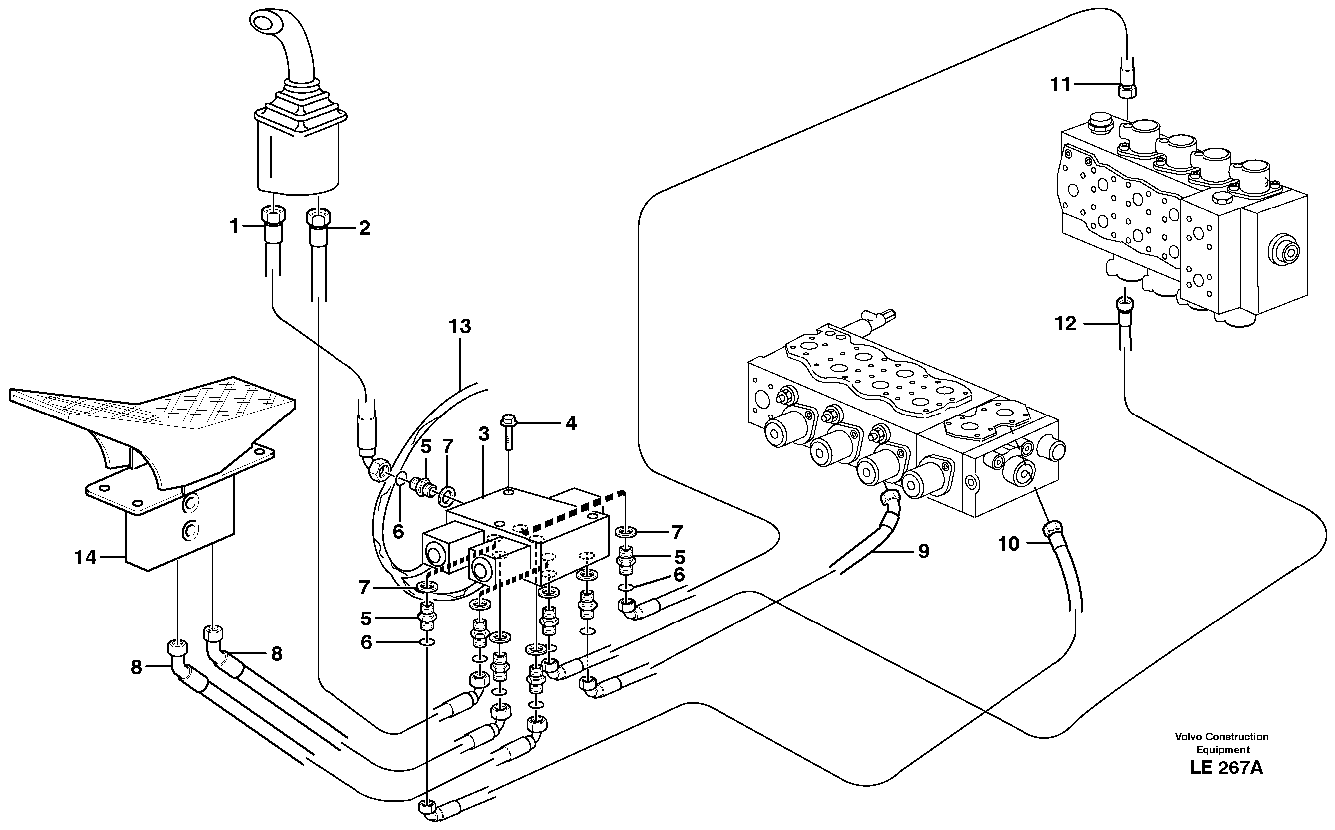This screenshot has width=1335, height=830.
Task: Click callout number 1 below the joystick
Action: point(234,226)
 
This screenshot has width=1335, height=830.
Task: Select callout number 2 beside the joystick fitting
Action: point(364,228)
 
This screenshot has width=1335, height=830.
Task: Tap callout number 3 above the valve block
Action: point(483,434)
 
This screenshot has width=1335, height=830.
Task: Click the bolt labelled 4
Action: point(507,422)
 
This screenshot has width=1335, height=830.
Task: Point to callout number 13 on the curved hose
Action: point(460,326)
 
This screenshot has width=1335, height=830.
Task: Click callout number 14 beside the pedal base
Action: point(85,558)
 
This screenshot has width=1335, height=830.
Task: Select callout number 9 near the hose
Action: point(924,551)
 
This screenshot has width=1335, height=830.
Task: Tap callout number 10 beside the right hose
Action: point(1008,544)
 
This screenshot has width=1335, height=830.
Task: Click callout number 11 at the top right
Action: point(1060,84)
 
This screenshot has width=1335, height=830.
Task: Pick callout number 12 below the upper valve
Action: point(1065,324)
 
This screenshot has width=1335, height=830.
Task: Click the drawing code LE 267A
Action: point(1226,768)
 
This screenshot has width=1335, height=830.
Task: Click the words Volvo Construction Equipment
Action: point(1221,743)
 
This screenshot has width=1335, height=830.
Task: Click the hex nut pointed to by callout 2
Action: point(318,218)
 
